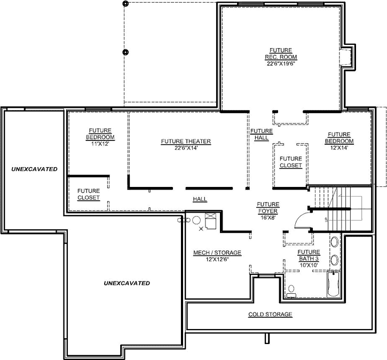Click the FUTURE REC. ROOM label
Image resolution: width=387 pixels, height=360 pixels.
(x=281, y=53)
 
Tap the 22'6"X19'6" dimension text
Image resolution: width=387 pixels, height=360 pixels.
(x=281, y=63)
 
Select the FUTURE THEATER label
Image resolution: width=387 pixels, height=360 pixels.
(x=186, y=142)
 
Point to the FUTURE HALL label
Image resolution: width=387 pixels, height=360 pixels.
(x=262, y=134)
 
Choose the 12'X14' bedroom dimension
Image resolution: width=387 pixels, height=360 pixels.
(x=338, y=148)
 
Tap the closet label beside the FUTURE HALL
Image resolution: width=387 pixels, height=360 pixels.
(x=290, y=162)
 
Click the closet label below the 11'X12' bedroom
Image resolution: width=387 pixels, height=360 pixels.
(x=88, y=194)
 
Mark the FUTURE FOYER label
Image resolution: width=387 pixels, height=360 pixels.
(x=267, y=207)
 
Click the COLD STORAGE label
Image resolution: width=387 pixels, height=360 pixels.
(x=270, y=315)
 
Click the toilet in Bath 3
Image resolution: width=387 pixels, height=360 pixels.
(x=291, y=291)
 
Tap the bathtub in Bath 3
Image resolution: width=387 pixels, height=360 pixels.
(x=333, y=284)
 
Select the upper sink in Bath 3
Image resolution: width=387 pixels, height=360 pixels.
(x=334, y=242)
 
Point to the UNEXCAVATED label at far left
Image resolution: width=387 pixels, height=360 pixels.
(x=34, y=169)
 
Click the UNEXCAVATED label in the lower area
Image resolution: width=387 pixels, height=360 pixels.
(x=127, y=283)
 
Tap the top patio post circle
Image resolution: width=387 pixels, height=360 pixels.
(x=126, y=4)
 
